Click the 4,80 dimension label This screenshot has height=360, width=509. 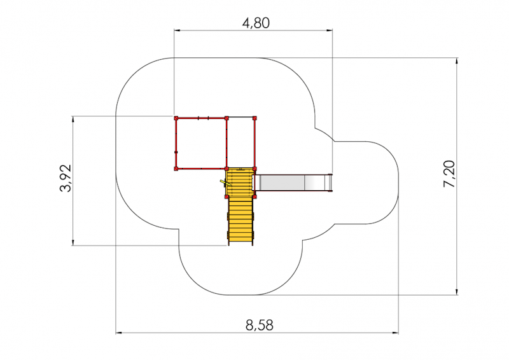[256, 23]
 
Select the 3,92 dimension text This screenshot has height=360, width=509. [66, 178]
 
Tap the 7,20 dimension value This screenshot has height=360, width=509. [449, 174]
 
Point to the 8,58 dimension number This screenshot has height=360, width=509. [260, 325]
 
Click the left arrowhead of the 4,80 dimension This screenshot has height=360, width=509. [177, 31]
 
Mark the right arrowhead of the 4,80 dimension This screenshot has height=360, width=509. [330, 31]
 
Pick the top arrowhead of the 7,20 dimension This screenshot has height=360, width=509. [457, 61]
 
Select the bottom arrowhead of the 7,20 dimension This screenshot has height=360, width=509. [457, 292]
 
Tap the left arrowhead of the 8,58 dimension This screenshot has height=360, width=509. [119, 333]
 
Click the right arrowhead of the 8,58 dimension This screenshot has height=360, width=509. [395, 333]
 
